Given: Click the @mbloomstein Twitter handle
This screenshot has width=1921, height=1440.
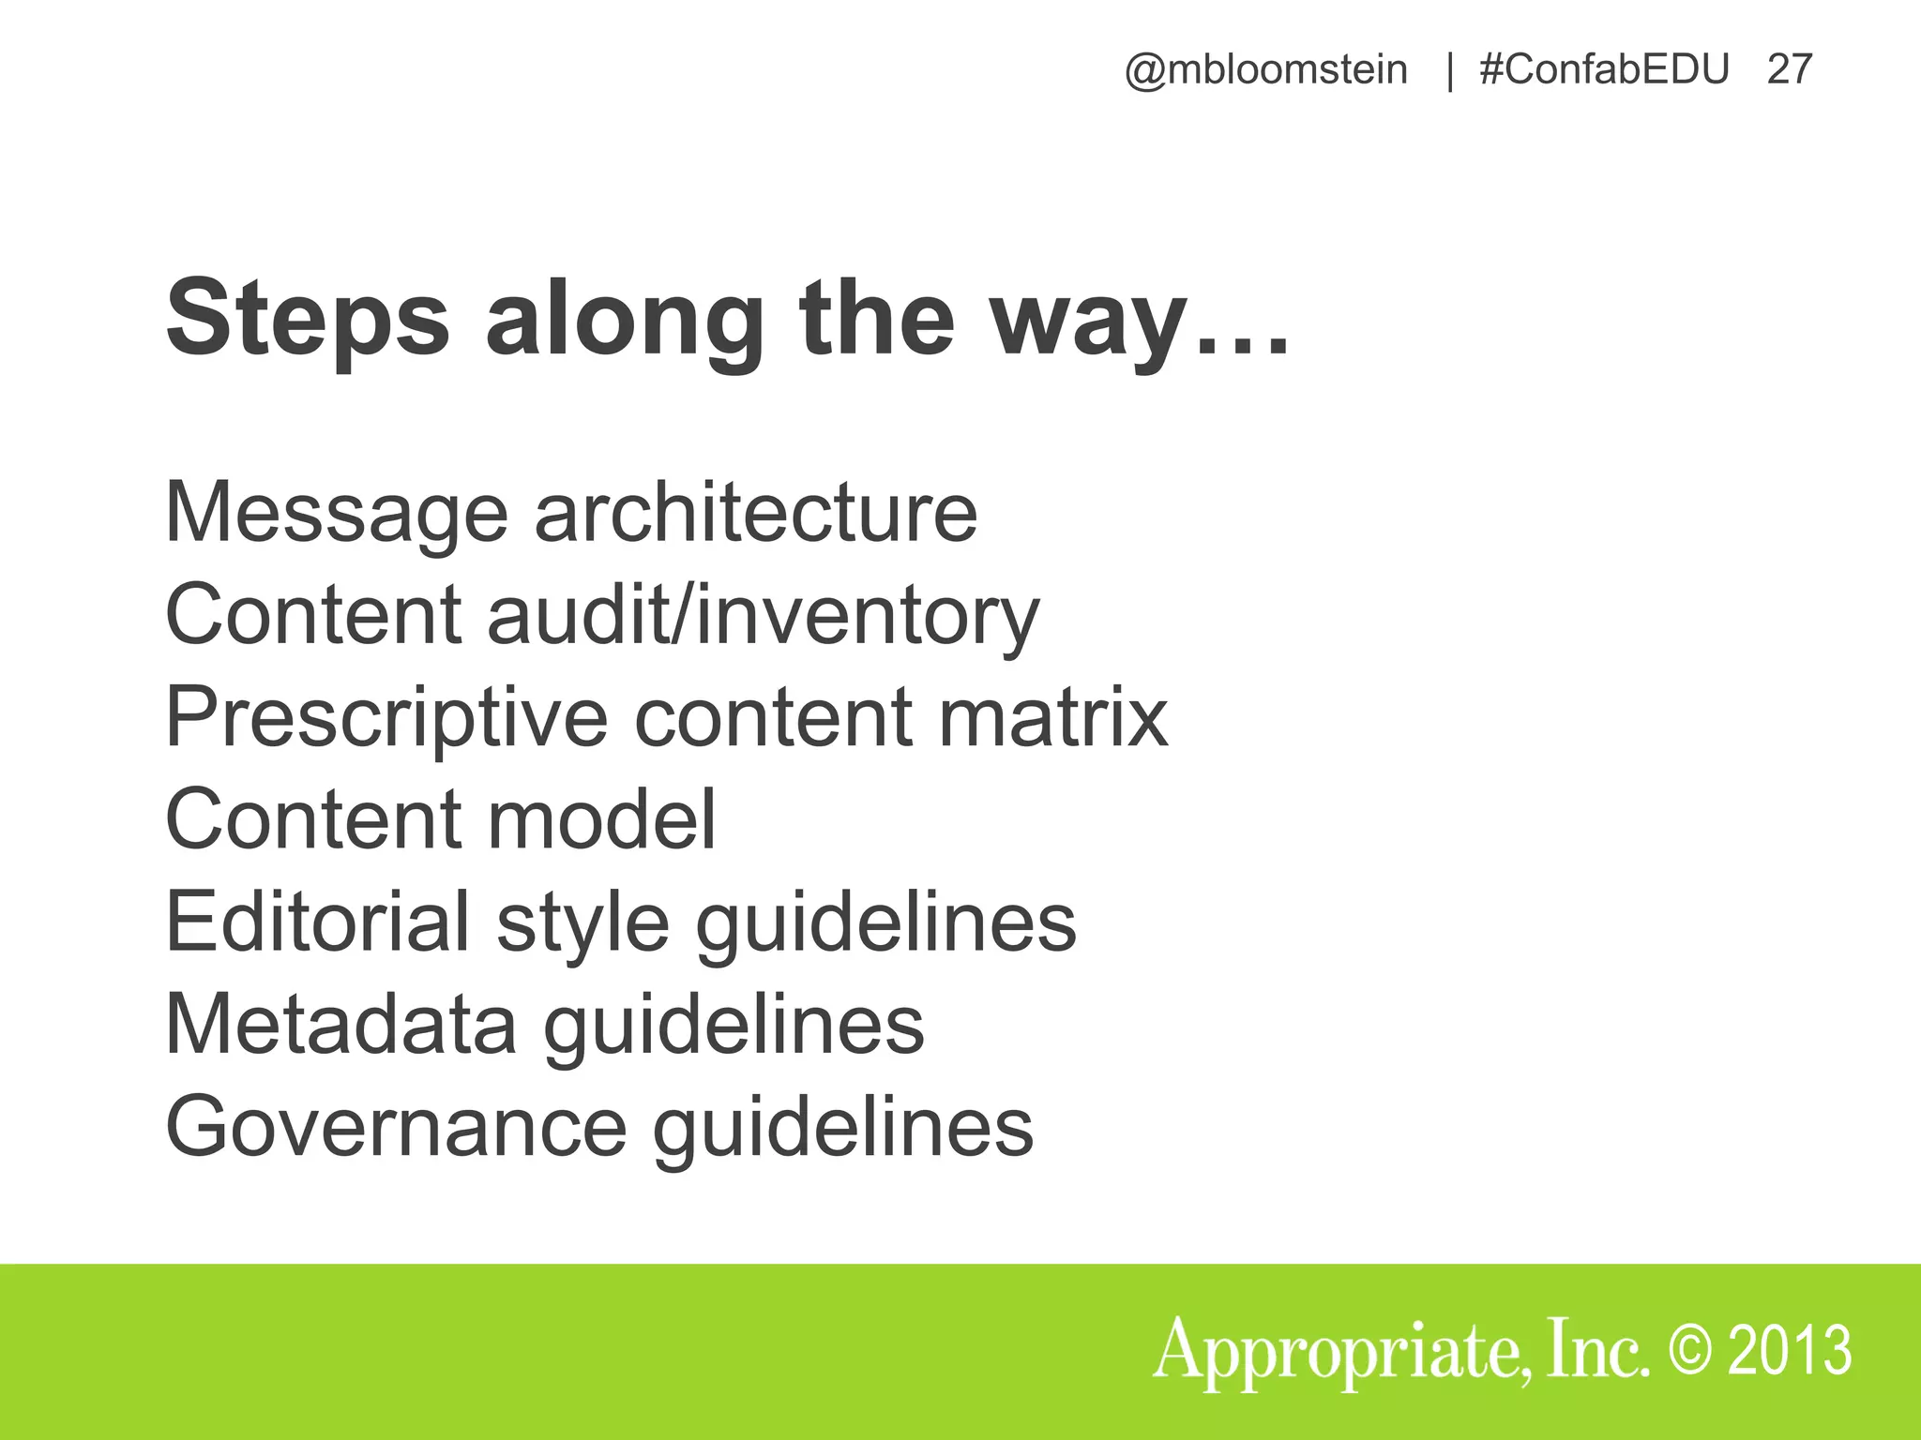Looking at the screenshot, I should pyautogui.click(x=1265, y=70).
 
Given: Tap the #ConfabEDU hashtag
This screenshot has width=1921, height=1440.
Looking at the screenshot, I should pyautogui.click(x=1604, y=70).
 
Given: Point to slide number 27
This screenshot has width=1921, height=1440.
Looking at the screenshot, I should pyautogui.click(x=1790, y=70).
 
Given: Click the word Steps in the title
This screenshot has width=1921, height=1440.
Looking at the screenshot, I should pyautogui.click(x=308, y=319).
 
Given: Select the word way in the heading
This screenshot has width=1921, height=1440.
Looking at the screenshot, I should pyautogui.click(x=1088, y=319).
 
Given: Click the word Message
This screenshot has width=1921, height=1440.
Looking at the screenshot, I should pyautogui.click(x=336, y=513).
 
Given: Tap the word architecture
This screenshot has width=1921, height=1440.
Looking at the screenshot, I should pyautogui.click(x=756, y=513).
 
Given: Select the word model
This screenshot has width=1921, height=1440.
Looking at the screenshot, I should pyautogui.click(x=601, y=819).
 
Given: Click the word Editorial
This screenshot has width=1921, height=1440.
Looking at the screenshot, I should pyautogui.click(x=317, y=922).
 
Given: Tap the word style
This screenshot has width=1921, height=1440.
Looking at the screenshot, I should pyautogui.click(x=582, y=922).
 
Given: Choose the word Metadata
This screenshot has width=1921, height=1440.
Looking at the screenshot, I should pyautogui.click(x=340, y=1025).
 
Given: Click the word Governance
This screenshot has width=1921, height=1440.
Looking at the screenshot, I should pyautogui.click(x=395, y=1127).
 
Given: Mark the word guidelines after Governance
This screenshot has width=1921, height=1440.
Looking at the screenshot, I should pyautogui.click(x=843, y=1127).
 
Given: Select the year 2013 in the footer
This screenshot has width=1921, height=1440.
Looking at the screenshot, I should pyautogui.click(x=1790, y=1350).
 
